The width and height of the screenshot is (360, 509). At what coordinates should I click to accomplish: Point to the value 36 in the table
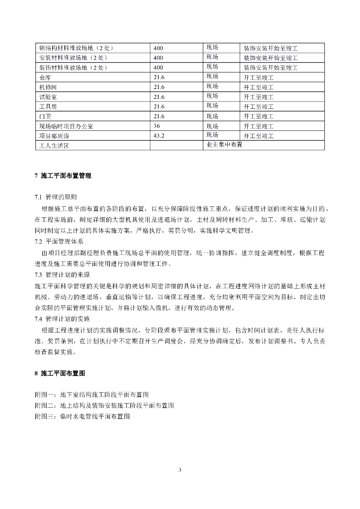[157, 126]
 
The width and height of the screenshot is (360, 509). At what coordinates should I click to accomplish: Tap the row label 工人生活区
[53, 146]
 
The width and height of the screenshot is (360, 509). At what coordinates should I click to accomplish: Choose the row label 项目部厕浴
[53, 136]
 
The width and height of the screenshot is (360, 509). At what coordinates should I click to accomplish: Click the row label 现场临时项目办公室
[66, 126]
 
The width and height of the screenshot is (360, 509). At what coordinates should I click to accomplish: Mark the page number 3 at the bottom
[180, 470]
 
